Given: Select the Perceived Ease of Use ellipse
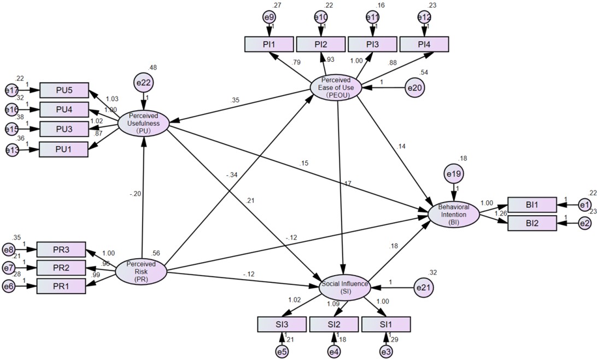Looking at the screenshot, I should (x=336, y=86).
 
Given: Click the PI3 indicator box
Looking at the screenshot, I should (x=372, y=44).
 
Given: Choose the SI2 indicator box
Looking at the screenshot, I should (x=333, y=324).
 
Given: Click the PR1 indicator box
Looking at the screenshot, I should (x=61, y=286).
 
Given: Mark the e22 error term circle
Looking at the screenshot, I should (x=144, y=83).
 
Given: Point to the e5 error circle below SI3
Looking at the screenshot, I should (x=282, y=352).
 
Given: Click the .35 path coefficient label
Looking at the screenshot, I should (x=236, y=101).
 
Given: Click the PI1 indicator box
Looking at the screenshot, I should (x=268, y=44).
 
